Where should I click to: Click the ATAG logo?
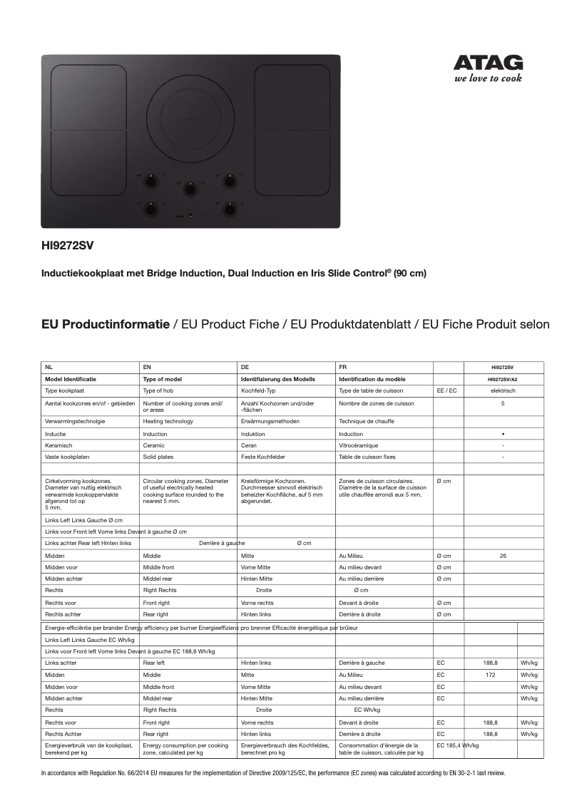click(489, 63)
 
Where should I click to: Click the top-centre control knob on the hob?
click(190, 188)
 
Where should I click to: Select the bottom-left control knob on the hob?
click(151, 208)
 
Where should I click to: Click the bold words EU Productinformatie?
click(106, 324)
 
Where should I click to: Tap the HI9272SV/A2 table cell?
click(503, 379)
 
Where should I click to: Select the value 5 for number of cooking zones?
click(503, 403)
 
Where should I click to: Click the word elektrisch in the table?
click(503, 390)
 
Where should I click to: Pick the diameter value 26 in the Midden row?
click(503, 555)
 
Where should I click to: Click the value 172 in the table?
click(490, 674)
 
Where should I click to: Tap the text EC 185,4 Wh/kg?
click(457, 745)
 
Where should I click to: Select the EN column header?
click(147, 367)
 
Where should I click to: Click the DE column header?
click(245, 367)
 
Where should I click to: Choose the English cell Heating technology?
click(168, 421)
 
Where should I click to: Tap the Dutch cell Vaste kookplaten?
click(66, 457)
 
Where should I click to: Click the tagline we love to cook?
click(488, 78)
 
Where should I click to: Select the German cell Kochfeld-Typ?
click(259, 390)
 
